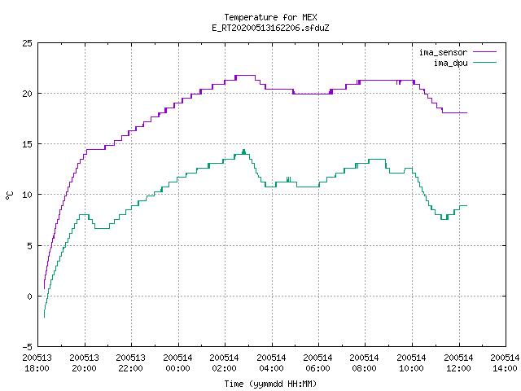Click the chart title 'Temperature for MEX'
[x=270, y=17]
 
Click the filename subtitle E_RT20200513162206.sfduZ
[x=270, y=28]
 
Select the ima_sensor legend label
[x=443, y=52]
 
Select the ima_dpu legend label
[x=450, y=63]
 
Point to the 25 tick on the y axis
[x=27, y=43]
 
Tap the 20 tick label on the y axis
[x=27, y=94]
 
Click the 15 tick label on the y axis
[x=27, y=144]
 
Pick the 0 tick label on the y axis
[x=30, y=297]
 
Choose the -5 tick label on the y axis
[x=27, y=347]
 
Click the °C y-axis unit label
[x=10, y=195]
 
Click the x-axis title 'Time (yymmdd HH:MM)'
[x=270, y=384]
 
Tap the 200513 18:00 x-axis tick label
[x=37, y=362]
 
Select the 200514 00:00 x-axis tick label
[x=177, y=362]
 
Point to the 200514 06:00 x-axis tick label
[x=318, y=362]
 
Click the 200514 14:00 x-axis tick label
[x=505, y=362]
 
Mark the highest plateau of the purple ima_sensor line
[x=246, y=76]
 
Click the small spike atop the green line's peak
[x=244, y=152]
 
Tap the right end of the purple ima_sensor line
[x=466, y=112]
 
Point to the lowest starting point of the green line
[x=44, y=317]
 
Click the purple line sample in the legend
[x=484, y=52]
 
